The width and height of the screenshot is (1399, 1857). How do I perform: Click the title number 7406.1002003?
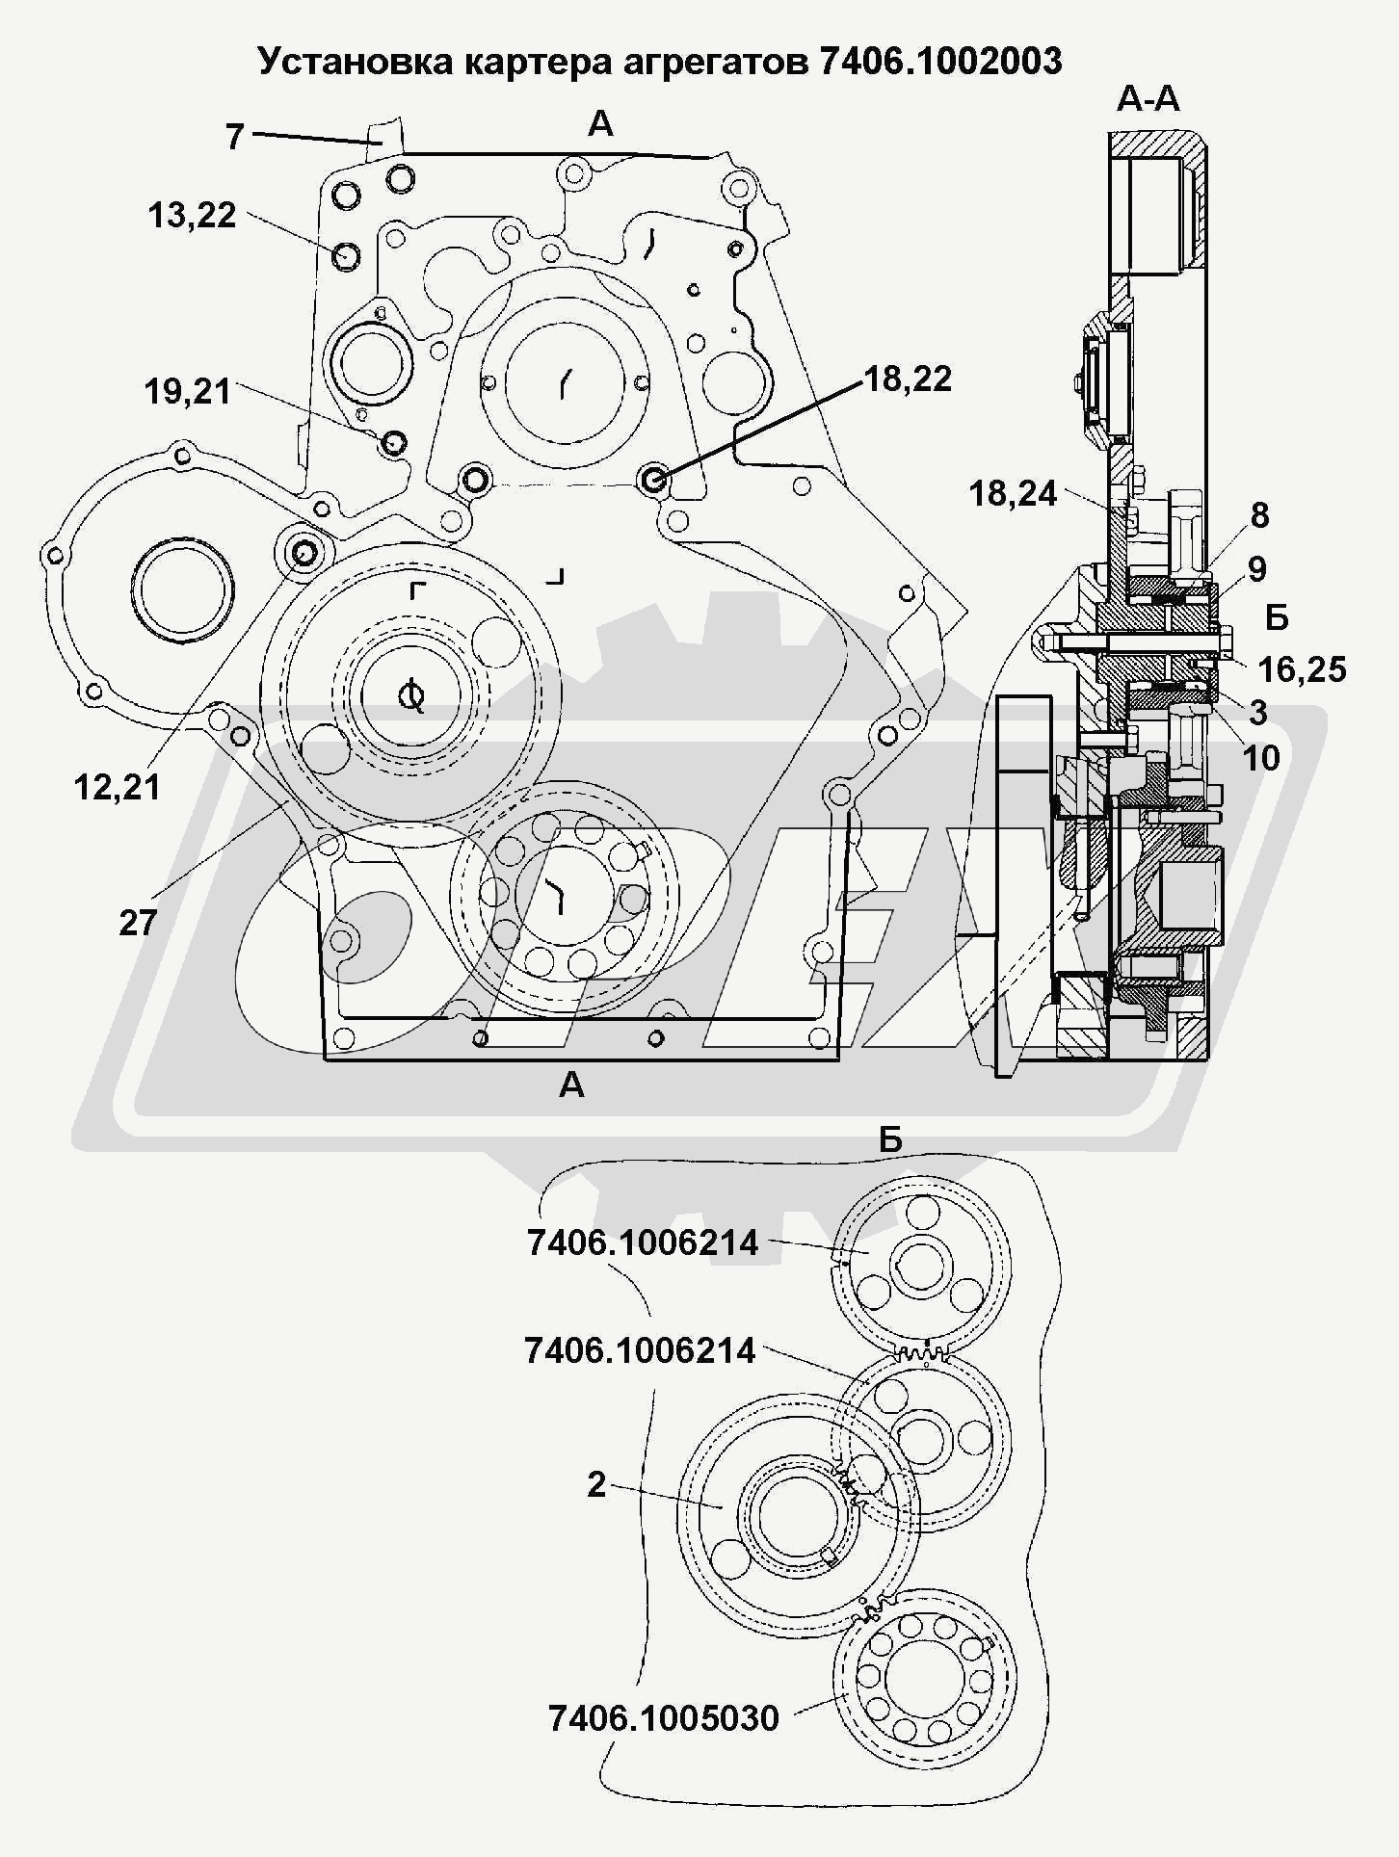940,61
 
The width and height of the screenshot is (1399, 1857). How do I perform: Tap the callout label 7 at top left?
235,137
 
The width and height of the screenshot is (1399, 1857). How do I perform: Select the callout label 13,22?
192,216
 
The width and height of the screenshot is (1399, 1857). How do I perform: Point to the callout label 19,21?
188,392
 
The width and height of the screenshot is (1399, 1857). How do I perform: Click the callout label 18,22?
908,379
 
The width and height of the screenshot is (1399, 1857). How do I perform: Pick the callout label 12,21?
118,788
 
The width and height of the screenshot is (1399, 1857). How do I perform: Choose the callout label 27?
138,923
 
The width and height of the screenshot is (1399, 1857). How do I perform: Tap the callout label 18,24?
1014,494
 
